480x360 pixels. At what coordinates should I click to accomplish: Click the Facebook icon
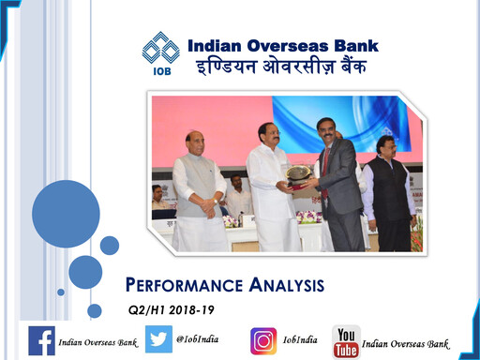(x=41, y=340)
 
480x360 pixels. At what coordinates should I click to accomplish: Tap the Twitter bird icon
(x=158, y=340)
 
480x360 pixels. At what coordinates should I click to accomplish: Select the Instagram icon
(x=263, y=340)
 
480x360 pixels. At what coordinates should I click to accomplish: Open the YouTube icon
(x=346, y=341)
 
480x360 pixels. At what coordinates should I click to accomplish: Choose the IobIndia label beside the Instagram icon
(x=300, y=339)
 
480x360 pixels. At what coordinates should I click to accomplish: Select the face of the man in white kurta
(x=268, y=135)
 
